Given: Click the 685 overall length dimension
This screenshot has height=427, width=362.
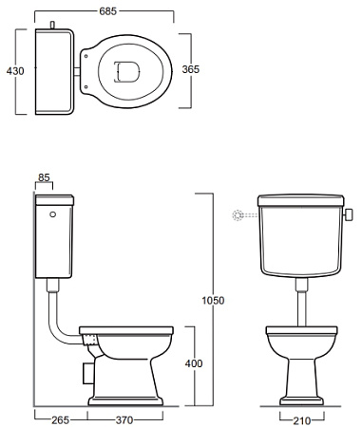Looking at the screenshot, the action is click(108, 11).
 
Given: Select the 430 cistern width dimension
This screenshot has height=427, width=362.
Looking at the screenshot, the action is click(15, 71).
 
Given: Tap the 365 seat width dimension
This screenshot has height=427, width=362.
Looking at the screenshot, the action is click(191, 69).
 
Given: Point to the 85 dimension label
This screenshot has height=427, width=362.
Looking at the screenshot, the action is click(44, 177).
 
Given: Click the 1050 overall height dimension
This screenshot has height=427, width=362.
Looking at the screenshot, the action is click(213, 300).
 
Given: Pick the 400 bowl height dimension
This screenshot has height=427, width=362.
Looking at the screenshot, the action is click(194, 363).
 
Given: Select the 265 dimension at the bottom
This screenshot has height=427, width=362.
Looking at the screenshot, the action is click(60, 420).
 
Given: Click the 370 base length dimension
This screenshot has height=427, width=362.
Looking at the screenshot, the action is click(124, 420).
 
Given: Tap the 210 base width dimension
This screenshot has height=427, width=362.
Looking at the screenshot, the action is click(302, 420).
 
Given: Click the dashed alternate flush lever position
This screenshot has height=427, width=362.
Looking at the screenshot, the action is click(244, 215).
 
